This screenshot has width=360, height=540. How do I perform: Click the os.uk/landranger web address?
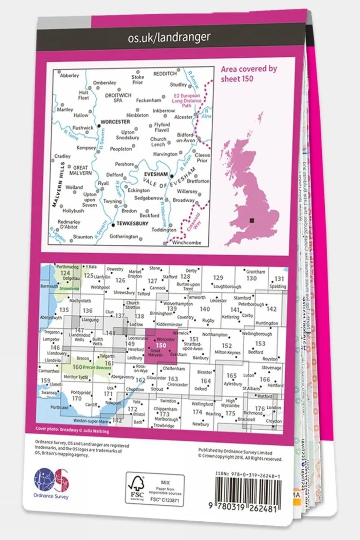169,38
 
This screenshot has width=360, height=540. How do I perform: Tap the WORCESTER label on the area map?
115,122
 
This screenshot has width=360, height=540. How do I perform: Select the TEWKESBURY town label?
132,224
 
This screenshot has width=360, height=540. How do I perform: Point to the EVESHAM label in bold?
156,174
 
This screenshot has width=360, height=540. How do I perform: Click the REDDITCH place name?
165,74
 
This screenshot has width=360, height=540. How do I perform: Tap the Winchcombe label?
187,242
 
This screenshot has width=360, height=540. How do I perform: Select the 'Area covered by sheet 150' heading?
249,74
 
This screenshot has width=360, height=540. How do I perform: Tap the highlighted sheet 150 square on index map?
161,346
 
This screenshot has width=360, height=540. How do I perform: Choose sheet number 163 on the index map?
173,379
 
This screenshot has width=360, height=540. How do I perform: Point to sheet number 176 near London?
260,408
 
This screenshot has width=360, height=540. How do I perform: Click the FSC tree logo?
137,487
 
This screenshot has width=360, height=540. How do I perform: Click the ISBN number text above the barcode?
248,475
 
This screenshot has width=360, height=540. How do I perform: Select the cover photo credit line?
72,430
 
